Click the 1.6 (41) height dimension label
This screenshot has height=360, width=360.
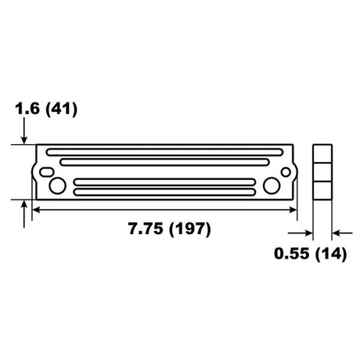(46, 109)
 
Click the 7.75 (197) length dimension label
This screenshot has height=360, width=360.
(170, 229)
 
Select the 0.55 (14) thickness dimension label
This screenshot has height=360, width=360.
(311, 254)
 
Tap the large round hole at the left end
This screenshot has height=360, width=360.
(57, 186)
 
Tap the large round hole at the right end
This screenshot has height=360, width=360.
(272, 185)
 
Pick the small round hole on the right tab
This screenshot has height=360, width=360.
(286, 172)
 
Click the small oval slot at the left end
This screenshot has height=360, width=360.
(47, 172)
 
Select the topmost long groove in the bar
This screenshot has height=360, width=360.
(164, 152)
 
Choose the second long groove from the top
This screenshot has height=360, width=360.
(164, 162)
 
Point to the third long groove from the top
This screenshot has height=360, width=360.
(164, 182)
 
